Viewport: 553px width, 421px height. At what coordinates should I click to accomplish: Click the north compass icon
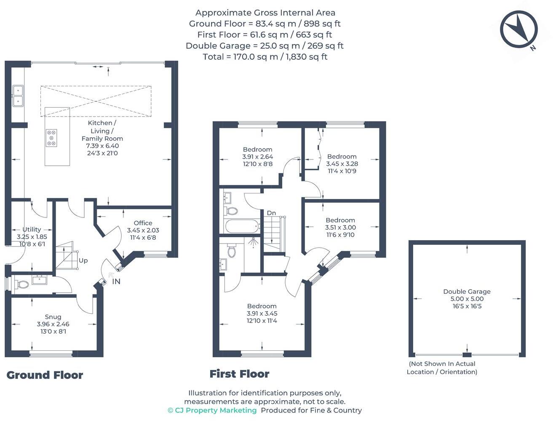[x=518, y=29]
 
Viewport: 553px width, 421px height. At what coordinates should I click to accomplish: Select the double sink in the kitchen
[x=18, y=96]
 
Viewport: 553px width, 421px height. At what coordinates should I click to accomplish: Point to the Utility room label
[x=32, y=236]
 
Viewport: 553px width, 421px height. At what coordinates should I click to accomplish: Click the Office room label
[x=143, y=230]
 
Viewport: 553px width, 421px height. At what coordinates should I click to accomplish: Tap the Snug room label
[x=53, y=324]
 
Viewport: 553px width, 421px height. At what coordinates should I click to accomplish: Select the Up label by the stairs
[x=83, y=261]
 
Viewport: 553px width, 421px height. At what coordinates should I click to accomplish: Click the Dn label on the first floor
[x=271, y=213]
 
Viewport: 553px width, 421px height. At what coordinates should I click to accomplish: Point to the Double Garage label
[x=467, y=299]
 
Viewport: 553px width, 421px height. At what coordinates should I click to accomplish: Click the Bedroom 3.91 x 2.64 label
[x=257, y=156]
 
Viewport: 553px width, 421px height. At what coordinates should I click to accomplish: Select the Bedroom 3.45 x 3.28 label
[x=342, y=164]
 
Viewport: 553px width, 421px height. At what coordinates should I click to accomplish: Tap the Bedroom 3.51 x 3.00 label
[x=340, y=227]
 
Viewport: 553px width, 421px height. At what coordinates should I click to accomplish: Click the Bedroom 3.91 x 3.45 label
[x=262, y=313]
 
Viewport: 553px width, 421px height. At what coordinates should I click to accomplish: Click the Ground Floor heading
[x=45, y=375]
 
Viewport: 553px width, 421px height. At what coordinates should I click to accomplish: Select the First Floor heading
[x=239, y=374]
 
